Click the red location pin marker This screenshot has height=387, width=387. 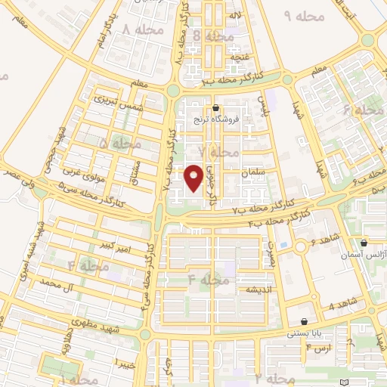pyautogui.click(x=194, y=178)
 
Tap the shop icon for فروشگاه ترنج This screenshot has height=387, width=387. pyautogui.click(x=217, y=108)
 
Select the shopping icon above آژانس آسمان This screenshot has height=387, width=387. pyautogui.click(x=364, y=243)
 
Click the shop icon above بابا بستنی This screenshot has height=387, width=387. pyautogui.click(x=304, y=321)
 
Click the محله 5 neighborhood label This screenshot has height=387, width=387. pyautogui.click(x=119, y=143)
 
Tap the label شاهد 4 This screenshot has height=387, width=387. pyautogui.click(x=342, y=306)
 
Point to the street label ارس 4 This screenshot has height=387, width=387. pyautogui.click(x=319, y=350)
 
